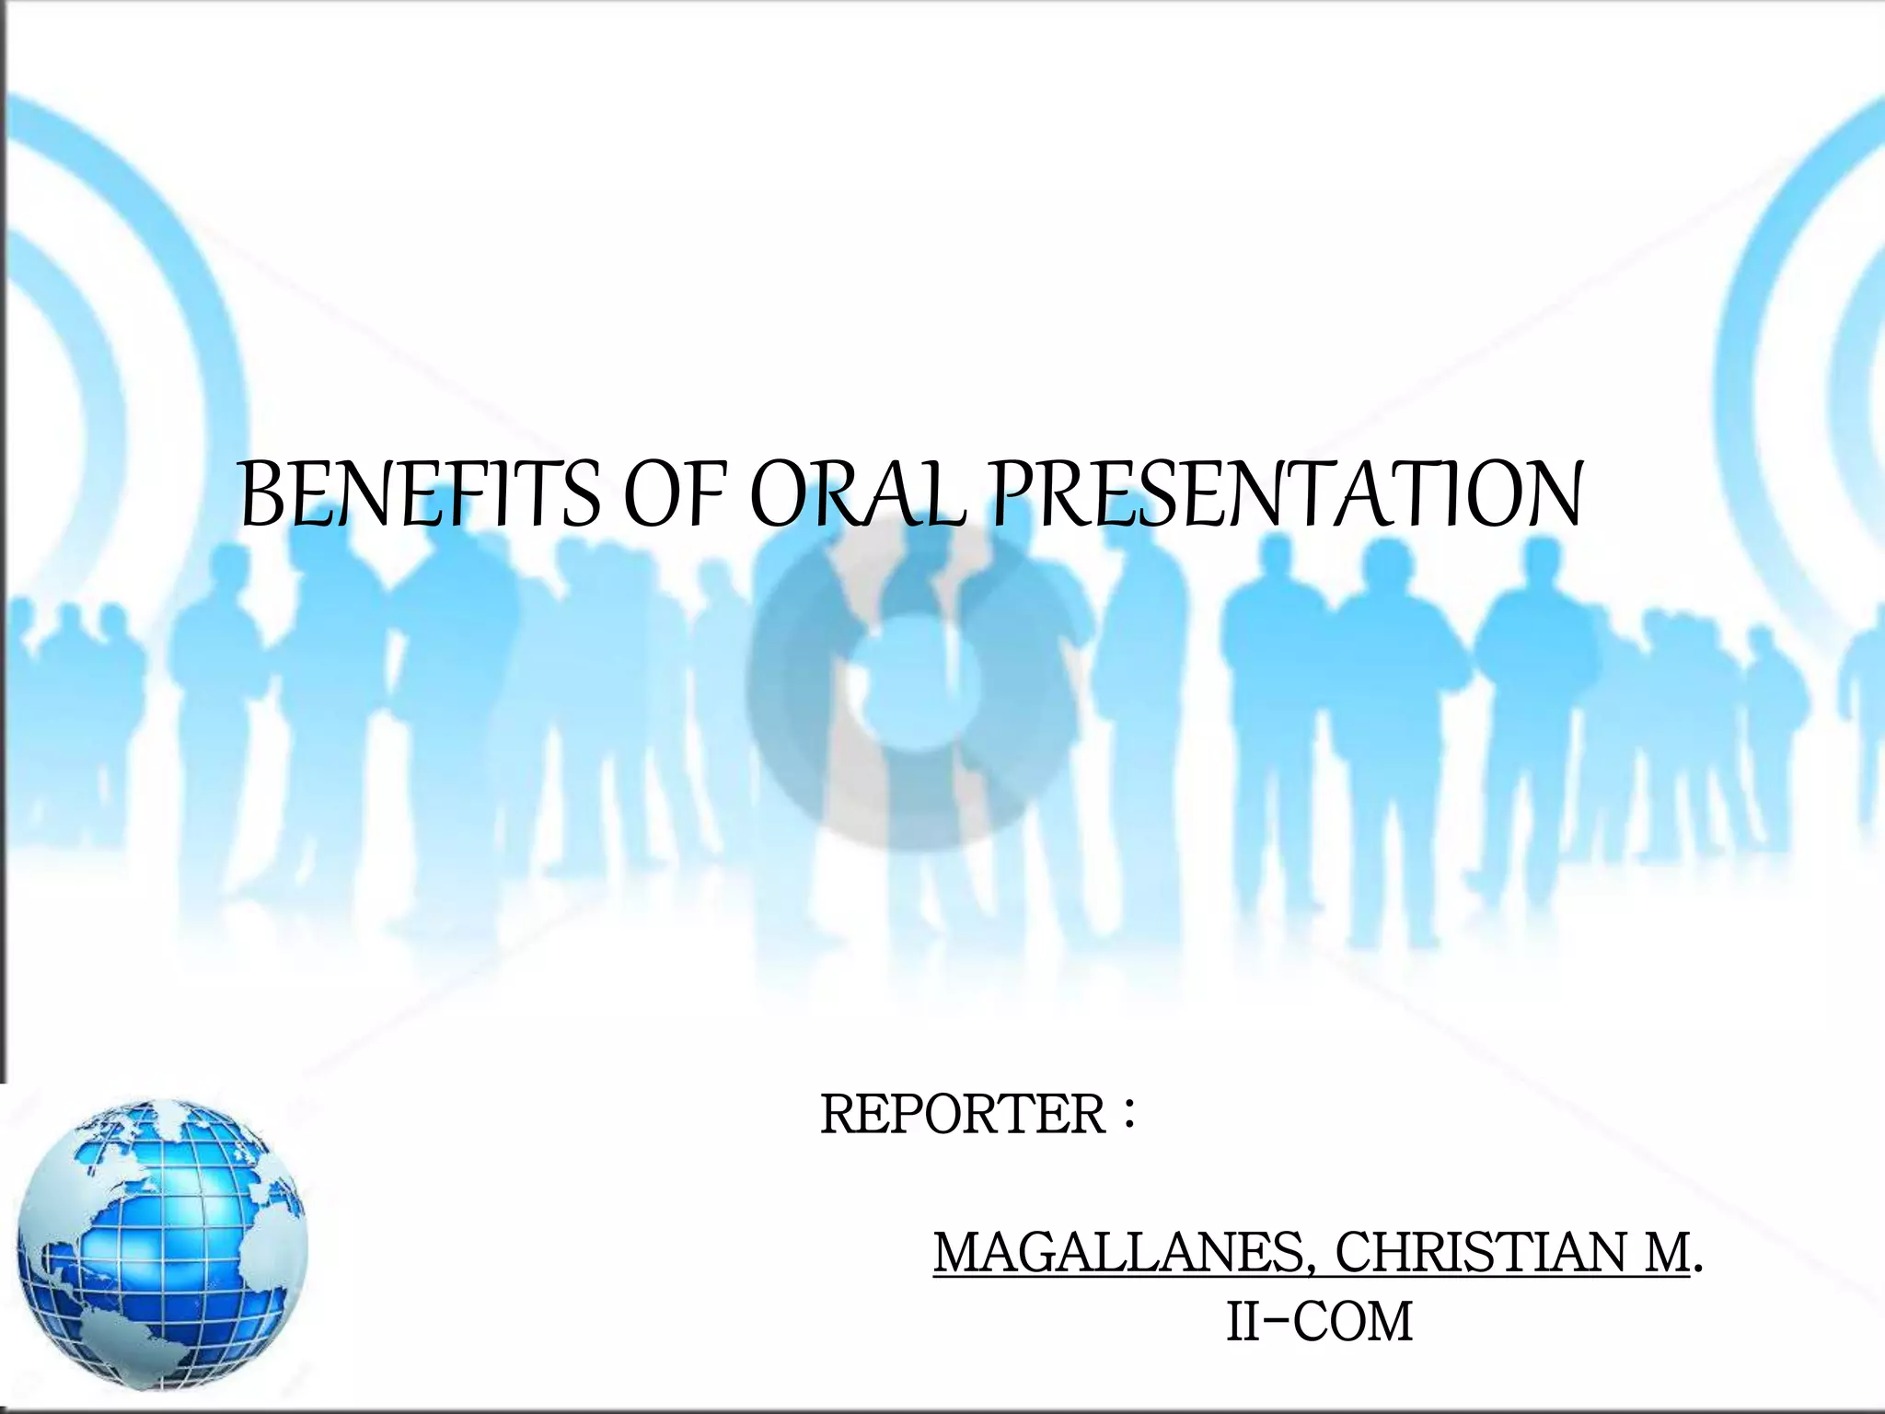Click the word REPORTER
tap(963, 1115)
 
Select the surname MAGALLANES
tap(1117, 1253)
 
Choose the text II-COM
tap(1319, 1323)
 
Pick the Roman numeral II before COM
tap(1244, 1323)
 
